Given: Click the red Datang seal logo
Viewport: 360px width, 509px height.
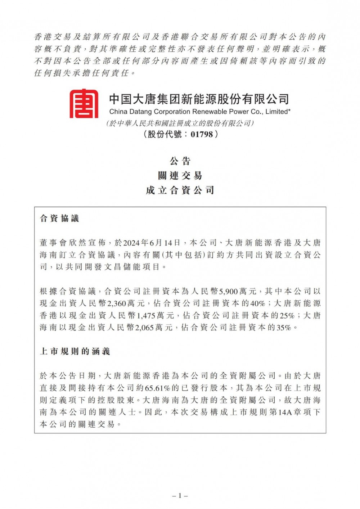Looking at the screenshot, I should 84,103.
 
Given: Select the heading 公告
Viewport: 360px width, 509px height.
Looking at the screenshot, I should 180,161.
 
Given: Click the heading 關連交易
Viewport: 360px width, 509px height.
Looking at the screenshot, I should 180,176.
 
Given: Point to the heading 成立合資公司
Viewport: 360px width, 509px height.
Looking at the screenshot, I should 180,190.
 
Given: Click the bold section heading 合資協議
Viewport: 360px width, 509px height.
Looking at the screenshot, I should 59,219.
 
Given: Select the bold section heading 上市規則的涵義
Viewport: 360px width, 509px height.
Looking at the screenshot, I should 75,351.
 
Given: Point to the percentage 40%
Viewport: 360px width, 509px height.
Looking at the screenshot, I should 257,303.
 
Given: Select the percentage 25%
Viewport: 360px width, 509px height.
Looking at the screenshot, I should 287,316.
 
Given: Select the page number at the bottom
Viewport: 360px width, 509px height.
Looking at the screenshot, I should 180,496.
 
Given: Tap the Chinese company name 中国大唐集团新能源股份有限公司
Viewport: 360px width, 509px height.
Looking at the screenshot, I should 199,98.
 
